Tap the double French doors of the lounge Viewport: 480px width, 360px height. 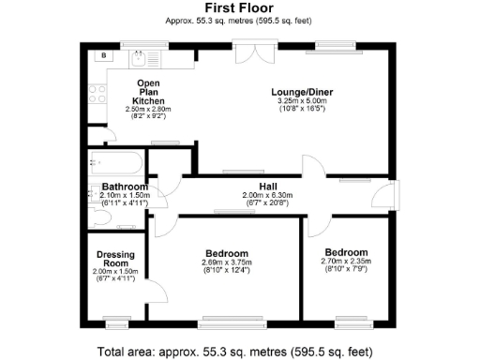247,53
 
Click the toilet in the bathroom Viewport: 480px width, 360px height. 101,218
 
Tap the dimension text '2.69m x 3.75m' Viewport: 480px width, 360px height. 227,262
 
